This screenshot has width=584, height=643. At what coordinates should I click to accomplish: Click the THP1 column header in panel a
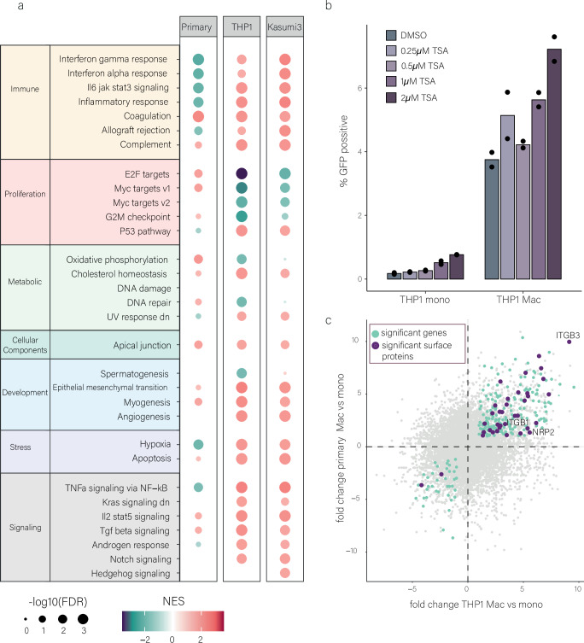click(x=242, y=27)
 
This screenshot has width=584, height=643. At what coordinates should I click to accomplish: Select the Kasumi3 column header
click(x=284, y=27)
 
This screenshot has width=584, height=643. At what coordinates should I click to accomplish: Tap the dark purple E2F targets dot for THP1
click(x=242, y=174)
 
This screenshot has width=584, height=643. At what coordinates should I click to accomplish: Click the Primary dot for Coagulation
click(x=198, y=116)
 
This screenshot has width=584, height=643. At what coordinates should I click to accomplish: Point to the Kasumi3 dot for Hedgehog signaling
click(x=284, y=573)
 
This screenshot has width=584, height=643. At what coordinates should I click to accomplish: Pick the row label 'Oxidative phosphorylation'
click(x=117, y=260)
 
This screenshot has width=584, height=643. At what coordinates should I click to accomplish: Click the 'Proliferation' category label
click(x=25, y=194)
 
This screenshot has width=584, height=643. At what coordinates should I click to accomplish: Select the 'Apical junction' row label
click(x=142, y=345)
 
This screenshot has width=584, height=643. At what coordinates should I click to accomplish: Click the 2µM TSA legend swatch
click(x=391, y=97)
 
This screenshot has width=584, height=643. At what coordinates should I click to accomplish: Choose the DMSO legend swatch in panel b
click(x=391, y=35)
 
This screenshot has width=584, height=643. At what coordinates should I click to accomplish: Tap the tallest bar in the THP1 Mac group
click(x=554, y=164)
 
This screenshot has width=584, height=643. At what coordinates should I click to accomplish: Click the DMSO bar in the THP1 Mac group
click(x=492, y=219)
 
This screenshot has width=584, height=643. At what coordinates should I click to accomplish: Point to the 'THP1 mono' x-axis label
click(x=425, y=300)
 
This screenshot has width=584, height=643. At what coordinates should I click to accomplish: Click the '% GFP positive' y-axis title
click(x=343, y=151)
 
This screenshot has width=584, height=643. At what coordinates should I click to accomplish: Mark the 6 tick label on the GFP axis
click(x=359, y=88)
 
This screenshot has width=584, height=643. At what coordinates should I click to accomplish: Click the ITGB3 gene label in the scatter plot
click(x=568, y=336)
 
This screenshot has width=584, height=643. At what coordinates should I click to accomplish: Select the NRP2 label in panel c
click(x=543, y=432)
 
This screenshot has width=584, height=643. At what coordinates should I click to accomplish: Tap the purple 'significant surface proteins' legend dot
click(x=376, y=346)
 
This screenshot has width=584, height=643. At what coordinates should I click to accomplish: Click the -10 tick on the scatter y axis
click(x=352, y=551)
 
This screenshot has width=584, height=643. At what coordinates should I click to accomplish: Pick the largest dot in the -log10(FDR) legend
click(x=83, y=619)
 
